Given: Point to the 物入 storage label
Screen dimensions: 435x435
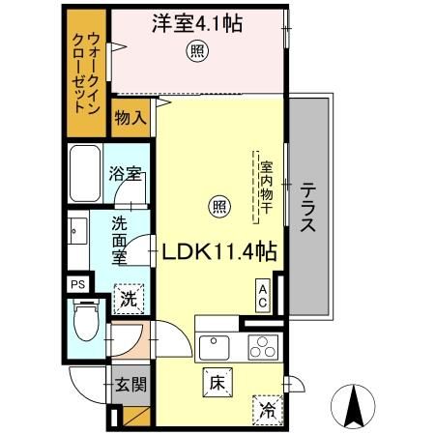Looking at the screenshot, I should (x=130, y=119).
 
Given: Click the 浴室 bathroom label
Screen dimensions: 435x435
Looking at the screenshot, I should (x=126, y=175).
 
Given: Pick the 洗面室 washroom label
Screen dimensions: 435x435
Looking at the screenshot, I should (x=119, y=241).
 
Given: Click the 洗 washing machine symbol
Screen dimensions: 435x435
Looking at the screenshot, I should (x=129, y=299).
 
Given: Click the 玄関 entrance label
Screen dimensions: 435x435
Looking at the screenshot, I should (x=130, y=385).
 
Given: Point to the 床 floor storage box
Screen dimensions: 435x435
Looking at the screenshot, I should (x=216, y=381).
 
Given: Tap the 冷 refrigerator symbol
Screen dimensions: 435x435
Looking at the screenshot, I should (x=266, y=409).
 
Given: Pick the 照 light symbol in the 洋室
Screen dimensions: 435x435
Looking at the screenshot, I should (x=196, y=52).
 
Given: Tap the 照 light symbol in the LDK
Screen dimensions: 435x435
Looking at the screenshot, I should (x=218, y=206).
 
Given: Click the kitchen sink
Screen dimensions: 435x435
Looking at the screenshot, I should (x=212, y=345).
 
